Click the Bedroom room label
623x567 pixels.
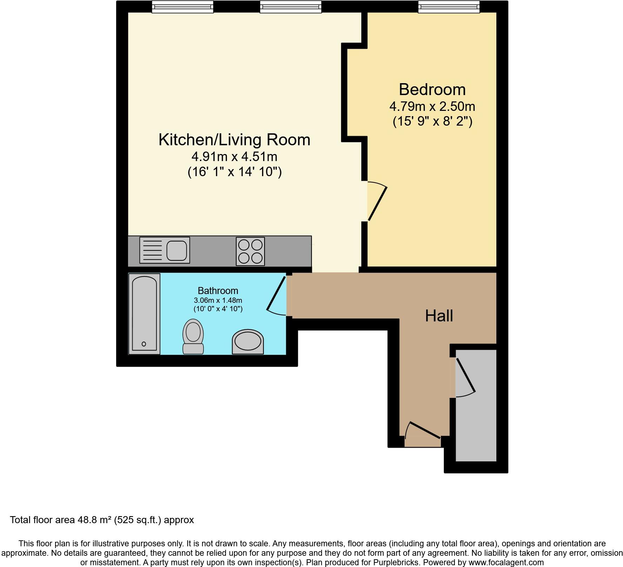coord(432,90)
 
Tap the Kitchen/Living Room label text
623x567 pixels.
coord(234,140)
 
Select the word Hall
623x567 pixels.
coord(439,316)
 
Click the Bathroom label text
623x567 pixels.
coord(218,291)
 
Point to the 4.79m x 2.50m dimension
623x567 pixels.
coord(432,106)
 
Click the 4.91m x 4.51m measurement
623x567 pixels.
coord(234,156)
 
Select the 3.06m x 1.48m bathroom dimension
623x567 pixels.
coord(218,300)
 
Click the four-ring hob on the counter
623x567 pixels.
coord(250,251)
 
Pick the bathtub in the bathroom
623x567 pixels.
coord(144,314)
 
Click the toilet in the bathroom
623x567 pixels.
coord(193,336)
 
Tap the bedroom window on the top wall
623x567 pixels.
coord(448,7)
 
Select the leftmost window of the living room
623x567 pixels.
coord(182,7)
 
